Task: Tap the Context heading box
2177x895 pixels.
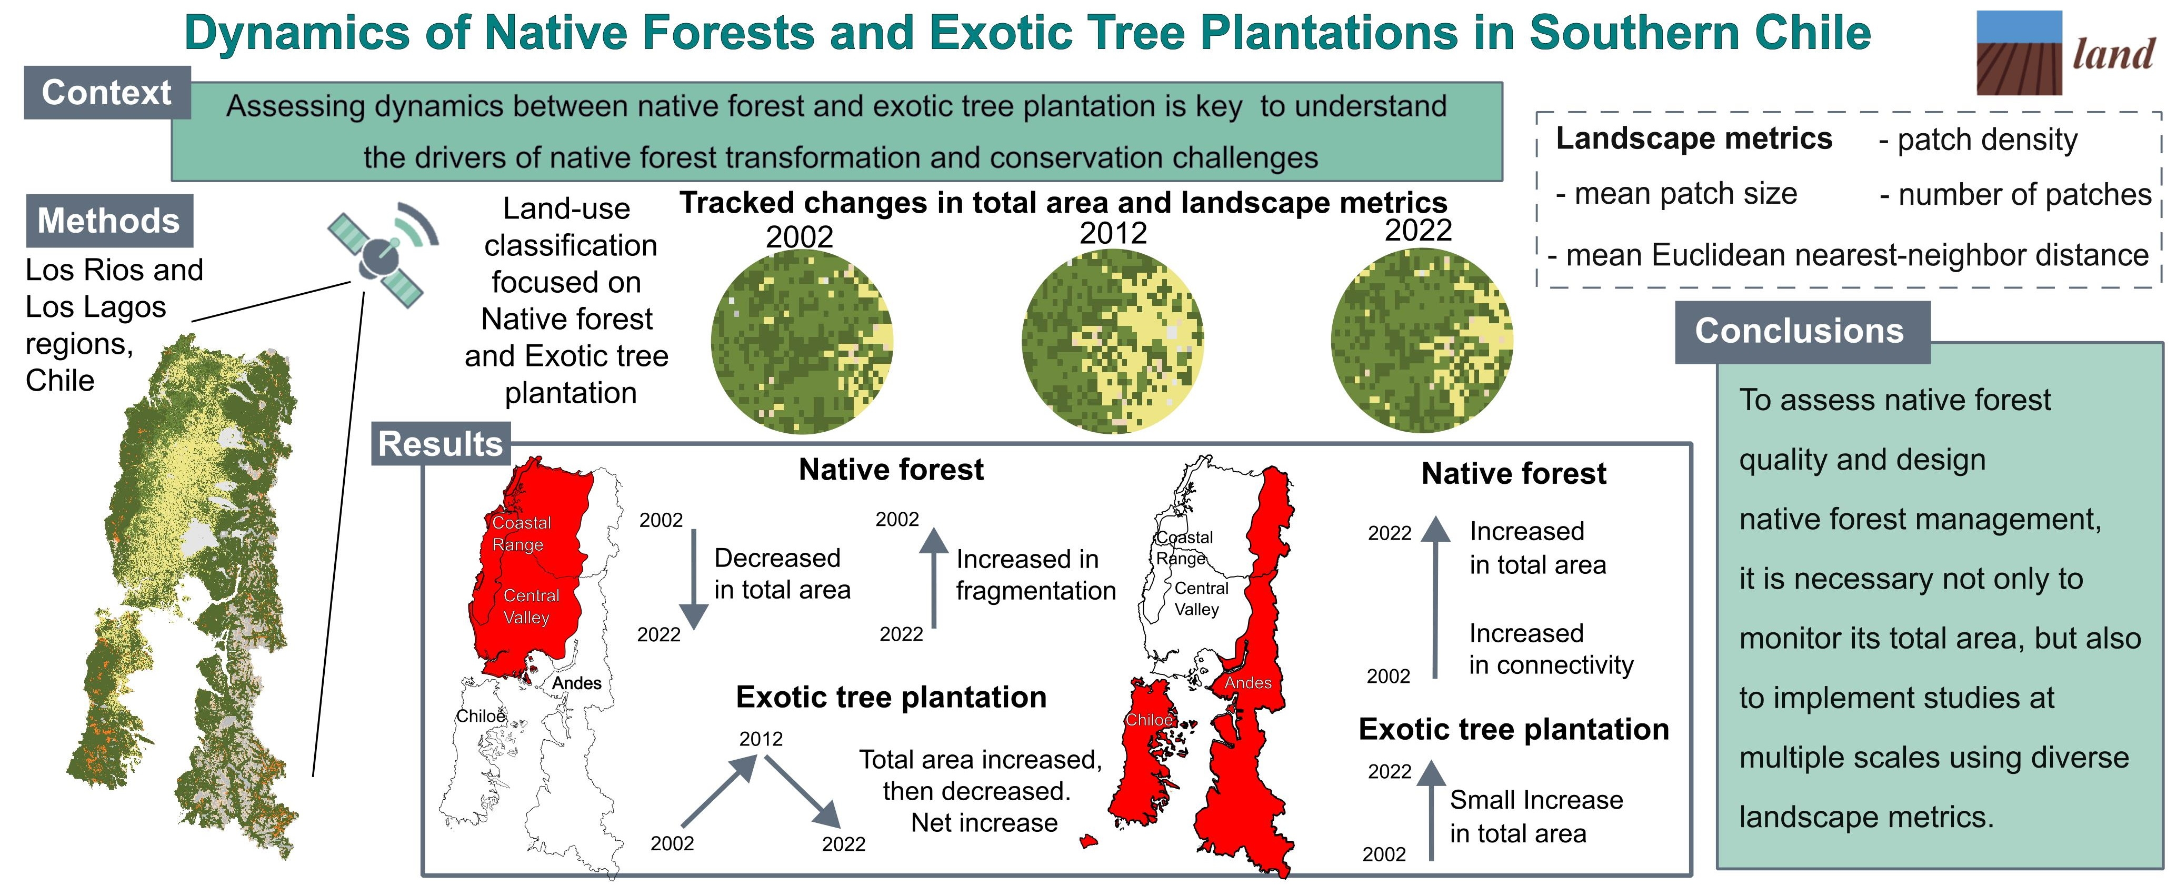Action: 107,92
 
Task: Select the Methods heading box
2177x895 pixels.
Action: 109,221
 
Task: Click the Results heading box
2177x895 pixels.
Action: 441,444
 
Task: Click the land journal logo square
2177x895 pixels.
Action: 2019,53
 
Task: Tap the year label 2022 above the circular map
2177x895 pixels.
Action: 1418,230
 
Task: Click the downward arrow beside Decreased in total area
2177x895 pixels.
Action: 694,579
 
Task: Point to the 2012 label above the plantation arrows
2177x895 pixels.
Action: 761,739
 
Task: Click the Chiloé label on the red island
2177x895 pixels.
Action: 1150,720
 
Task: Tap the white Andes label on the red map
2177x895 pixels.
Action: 1248,683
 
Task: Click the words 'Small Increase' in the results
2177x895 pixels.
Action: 1536,800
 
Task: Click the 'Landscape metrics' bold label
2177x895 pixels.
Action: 1694,138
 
